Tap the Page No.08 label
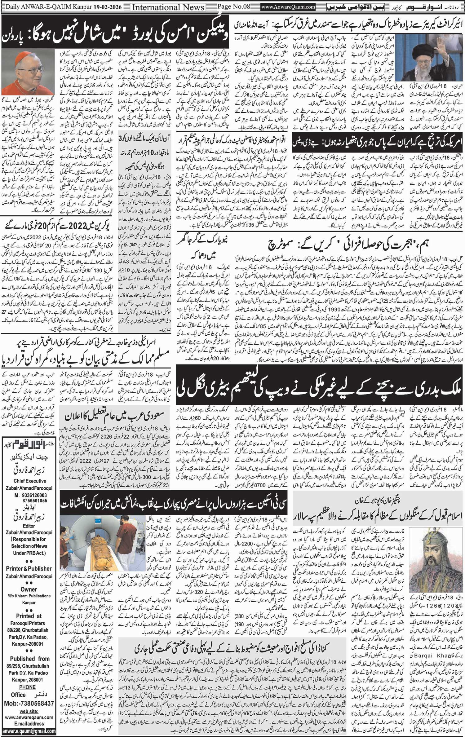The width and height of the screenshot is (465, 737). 233,7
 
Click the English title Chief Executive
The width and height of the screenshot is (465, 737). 30,481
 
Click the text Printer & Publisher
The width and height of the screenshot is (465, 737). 29,568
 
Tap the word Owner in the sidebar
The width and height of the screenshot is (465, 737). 29,589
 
